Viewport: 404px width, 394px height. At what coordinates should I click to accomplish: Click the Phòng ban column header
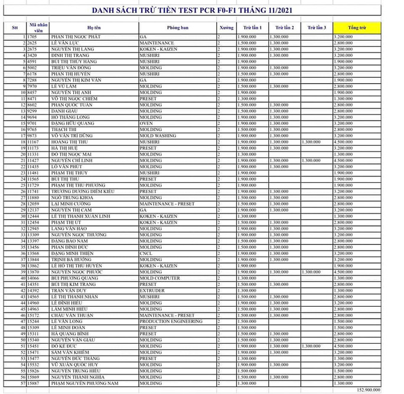(x=177, y=28)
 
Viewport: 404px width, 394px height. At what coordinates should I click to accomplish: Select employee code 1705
(x=32, y=37)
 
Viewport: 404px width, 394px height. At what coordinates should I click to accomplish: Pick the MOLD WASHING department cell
(x=157, y=136)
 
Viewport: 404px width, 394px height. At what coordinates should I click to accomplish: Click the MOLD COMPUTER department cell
(x=159, y=278)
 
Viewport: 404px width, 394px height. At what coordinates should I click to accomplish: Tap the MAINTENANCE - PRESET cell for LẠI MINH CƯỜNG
(x=167, y=203)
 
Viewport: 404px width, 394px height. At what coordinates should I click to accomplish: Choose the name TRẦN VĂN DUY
(x=68, y=290)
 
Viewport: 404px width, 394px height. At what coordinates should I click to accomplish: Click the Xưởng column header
(x=226, y=28)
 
